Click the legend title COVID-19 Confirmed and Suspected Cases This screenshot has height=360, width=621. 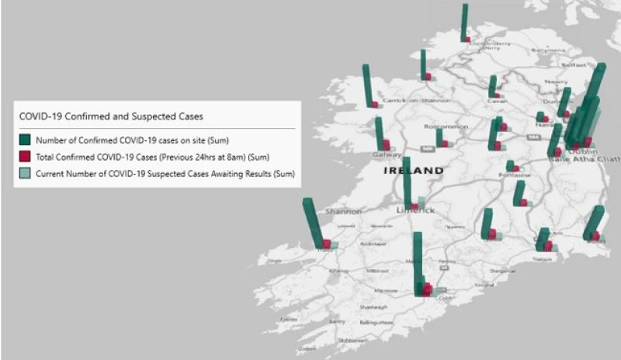(111, 117)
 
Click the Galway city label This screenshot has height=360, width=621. (387, 154)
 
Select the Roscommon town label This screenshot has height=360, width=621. (446, 126)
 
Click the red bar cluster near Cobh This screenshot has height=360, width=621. (426, 289)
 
